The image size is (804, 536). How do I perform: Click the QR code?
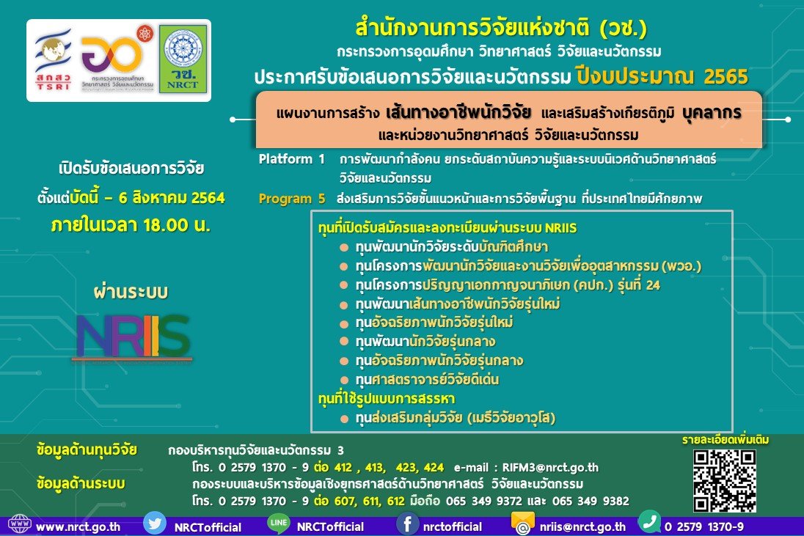pos(725,481)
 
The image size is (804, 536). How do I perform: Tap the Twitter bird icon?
pos(154,524)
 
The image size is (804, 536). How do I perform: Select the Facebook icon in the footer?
pos(408,524)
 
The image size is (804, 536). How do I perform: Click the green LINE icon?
pos(279,524)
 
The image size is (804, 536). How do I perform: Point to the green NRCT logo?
pos(183,59)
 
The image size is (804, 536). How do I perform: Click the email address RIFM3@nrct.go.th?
pos(550,467)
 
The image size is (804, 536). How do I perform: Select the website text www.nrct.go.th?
pos(78,526)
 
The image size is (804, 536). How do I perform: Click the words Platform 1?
pos(292,159)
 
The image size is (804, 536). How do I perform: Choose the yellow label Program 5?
pos(292,198)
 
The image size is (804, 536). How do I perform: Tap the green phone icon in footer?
pos(649,521)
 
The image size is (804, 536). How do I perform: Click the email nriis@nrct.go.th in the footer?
pos(582,526)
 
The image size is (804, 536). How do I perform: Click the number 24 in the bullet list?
pos(653,285)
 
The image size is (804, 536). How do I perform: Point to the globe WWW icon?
pos(20,524)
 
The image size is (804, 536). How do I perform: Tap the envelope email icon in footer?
pos(522,524)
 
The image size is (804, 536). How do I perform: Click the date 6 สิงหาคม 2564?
pos(172,198)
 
